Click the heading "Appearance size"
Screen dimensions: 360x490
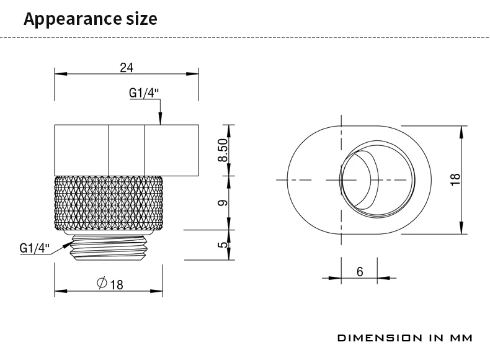(90, 19)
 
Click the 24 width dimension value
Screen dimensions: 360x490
(127, 67)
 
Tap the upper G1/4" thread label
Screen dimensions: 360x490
(145, 93)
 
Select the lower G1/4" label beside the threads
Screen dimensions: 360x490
(34, 248)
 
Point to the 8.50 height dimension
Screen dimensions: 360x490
(224, 150)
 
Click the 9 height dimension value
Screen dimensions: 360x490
(224, 202)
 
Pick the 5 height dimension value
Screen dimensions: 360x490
(224, 245)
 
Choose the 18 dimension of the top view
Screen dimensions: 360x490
(456, 179)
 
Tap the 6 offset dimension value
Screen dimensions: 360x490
(360, 271)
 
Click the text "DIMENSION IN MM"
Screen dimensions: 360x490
(404, 338)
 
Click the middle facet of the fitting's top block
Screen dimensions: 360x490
(127, 150)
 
